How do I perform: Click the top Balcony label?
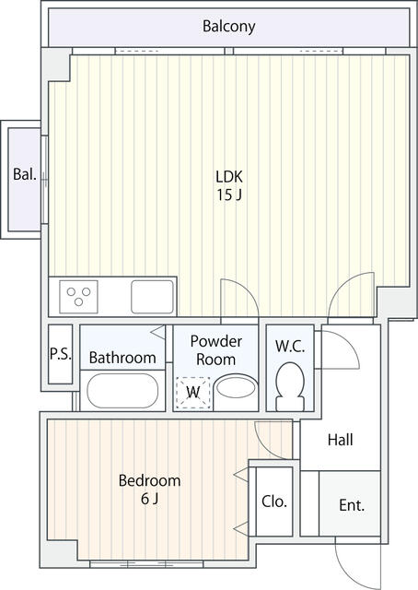[228, 27]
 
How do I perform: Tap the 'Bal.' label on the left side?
[25, 174]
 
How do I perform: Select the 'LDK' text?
[229, 176]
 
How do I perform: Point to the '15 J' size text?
[228, 195]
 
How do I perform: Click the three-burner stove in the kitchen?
[78, 297]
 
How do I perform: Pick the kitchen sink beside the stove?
[152, 297]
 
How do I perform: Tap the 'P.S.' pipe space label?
[61, 354]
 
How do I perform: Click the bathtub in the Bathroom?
[122, 391]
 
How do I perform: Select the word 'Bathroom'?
[122, 358]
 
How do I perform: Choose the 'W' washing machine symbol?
[193, 393]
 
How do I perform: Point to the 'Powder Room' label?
[215, 350]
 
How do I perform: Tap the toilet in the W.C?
[290, 387]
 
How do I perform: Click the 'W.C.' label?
[290, 347]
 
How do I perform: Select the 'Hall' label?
[340, 440]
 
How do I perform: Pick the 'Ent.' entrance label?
[352, 505]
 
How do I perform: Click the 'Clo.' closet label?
[274, 501]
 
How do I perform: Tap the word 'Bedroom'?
[149, 480]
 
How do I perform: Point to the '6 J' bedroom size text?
[149, 499]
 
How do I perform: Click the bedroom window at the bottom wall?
[146, 564]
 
